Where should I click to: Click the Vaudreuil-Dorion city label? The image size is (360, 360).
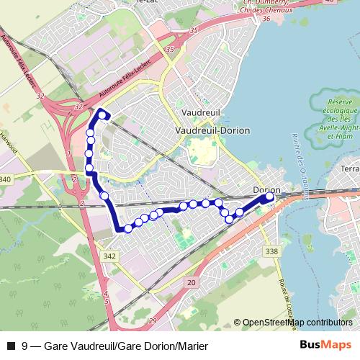212,130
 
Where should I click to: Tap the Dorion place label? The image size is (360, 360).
266,190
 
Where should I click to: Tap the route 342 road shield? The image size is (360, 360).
109,256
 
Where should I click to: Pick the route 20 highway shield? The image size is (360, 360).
190,283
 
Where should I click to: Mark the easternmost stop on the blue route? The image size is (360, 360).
270,197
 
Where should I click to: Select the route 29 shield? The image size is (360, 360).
152,320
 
